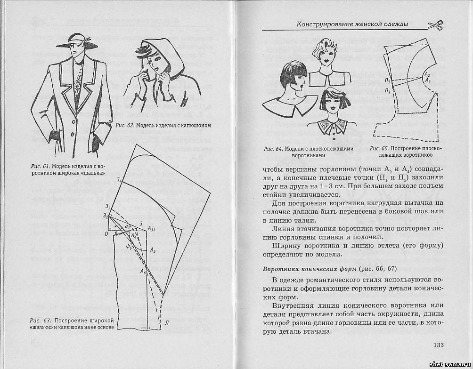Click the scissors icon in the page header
(435, 25)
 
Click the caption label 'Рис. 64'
(274, 149)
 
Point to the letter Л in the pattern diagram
(167, 322)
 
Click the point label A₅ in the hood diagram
(153, 251)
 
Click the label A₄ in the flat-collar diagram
(428, 80)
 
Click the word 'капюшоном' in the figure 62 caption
(194, 125)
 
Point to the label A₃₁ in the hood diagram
(152, 229)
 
